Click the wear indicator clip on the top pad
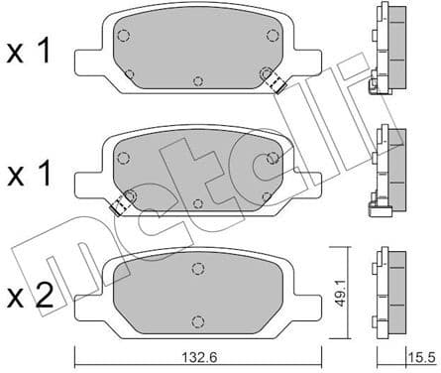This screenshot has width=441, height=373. click(x=278, y=85)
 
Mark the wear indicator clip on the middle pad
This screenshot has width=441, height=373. click(x=121, y=206)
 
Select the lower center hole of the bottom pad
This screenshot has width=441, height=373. click(x=198, y=320)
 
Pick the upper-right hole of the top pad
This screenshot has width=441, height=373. click(x=273, y=36)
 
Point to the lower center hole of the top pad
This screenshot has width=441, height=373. click(x=198, y=81)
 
